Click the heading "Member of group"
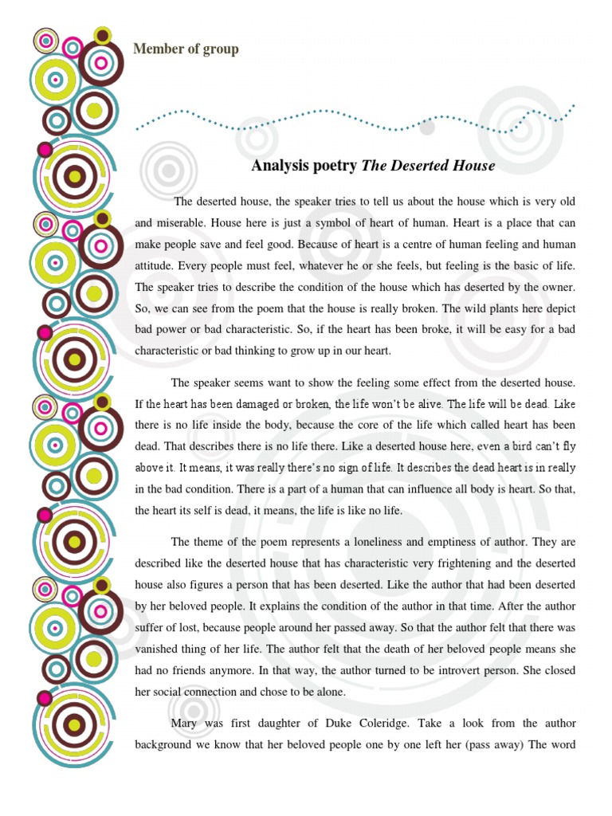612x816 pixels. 186,49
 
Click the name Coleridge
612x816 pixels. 433,724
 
